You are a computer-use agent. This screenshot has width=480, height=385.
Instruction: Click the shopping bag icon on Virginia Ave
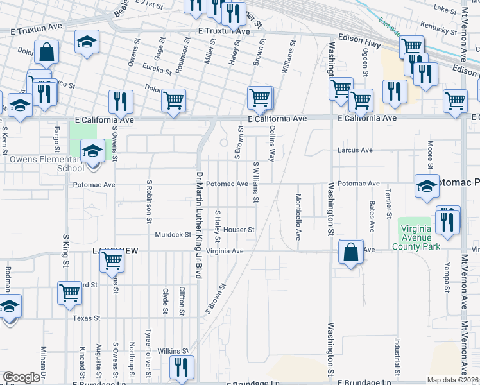pyautogui.click(x=351, y=252)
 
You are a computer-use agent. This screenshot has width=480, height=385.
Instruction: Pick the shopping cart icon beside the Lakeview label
pyautogui.click(x=112, y=260)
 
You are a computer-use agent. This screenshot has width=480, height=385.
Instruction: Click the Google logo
pyautogui.click(x=21, y=377)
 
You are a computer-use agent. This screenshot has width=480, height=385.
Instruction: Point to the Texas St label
pyautogui.click(x=87, y=318)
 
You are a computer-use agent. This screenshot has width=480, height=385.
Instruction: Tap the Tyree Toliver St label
pyautogui.click(x=148, y=352)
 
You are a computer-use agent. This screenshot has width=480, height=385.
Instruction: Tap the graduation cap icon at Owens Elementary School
pyautogui.click(x=92, y=151)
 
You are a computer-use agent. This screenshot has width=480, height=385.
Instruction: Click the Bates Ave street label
pyautogui.click(x=372, y=216)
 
